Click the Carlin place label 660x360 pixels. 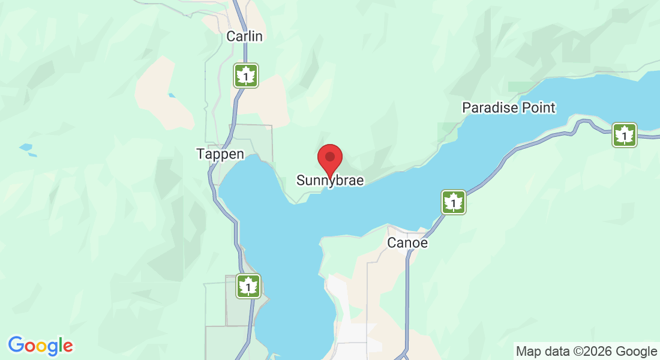[x=245, y=37]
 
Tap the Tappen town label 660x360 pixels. [x=220, y=154]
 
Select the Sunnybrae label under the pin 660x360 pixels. [x=330, y=181]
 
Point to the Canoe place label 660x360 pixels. [x=407, y=243]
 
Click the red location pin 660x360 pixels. [x=329, y=158]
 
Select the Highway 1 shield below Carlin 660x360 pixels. [x=246, y=76]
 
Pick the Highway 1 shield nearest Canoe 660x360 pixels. [x=454, y=202]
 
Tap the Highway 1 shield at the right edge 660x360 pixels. [x=625, y=135]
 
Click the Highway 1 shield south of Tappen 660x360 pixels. [x=248, y=286]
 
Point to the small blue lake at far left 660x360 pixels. [x=26, y=146]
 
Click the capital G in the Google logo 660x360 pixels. [x=16, y=345]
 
